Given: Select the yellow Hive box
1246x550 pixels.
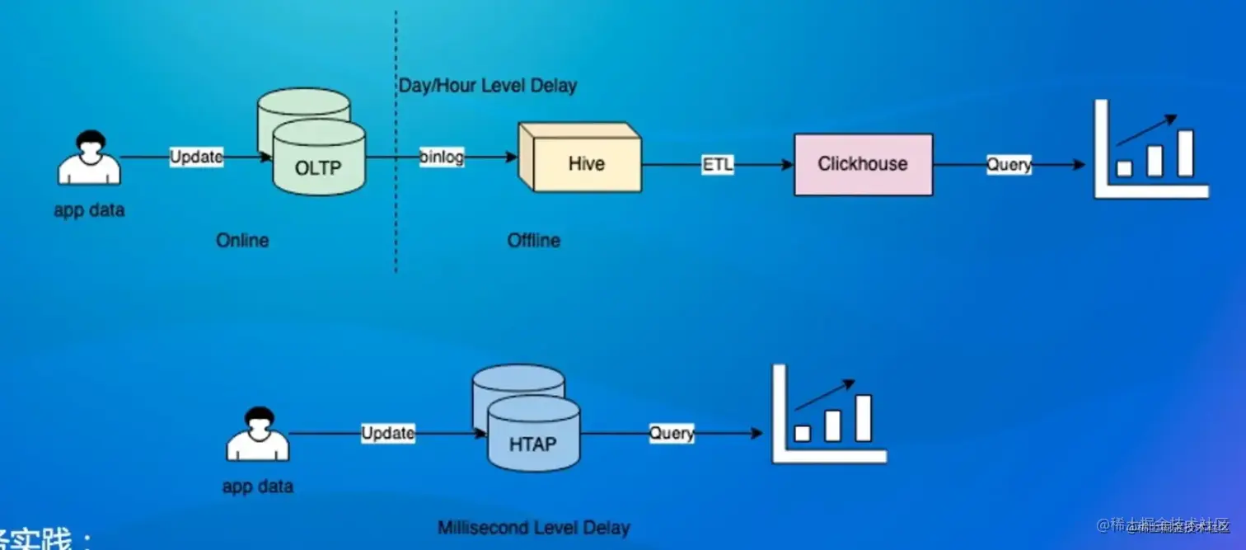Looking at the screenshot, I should coord(585,163).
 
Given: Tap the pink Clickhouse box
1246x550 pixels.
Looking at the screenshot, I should coord(863,164).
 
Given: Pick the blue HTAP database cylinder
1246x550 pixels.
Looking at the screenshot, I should coord(532,435).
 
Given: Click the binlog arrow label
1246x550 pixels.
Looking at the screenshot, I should coord(441,157).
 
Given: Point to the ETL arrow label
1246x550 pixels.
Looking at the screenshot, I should coord(716,164).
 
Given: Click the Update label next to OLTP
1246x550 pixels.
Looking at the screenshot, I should coord(196,157).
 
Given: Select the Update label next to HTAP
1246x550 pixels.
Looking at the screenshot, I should coord(387,433).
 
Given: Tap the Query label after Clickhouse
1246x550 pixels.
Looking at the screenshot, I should coord(1009,164).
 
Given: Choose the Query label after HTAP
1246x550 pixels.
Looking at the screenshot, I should coord(671,433).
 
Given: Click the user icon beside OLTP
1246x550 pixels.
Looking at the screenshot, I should coord(89,158).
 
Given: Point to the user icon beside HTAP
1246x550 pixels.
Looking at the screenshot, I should coord(258,434).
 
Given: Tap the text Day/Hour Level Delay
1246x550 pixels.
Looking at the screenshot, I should coord(488,86).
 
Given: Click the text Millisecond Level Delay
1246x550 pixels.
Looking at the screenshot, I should coord(533,528).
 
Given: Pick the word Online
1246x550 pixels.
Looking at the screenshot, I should coord(242,241).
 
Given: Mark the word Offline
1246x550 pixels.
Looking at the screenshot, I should coord(533,241).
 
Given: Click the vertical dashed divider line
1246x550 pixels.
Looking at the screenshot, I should coord(396,206).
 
